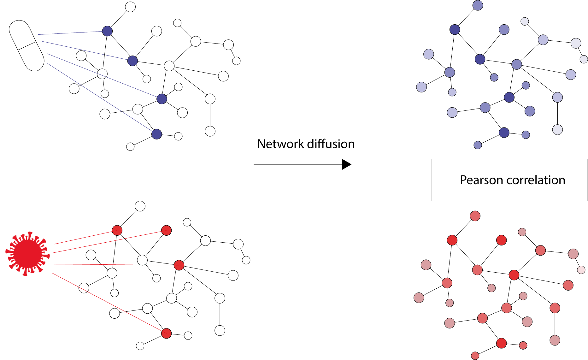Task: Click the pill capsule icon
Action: point(26,46)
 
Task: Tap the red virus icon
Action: point(28,254)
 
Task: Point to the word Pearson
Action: point(482,180)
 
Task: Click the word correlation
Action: point(536,180)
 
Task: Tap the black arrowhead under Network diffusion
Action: point(347,164)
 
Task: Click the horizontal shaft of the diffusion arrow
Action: point(298,164)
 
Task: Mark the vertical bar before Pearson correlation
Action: point(431,180)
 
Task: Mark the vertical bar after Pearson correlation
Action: point(587,180)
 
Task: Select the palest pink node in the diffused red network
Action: point(581,270)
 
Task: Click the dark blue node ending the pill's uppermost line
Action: point(108,31)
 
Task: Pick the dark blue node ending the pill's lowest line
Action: point(157,134)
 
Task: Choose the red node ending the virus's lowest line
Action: point(166,333)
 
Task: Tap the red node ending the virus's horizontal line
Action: point(179,265)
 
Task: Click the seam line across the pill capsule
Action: point(27,46)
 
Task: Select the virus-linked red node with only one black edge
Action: point(166,230)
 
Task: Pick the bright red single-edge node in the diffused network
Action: point(501,240)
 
